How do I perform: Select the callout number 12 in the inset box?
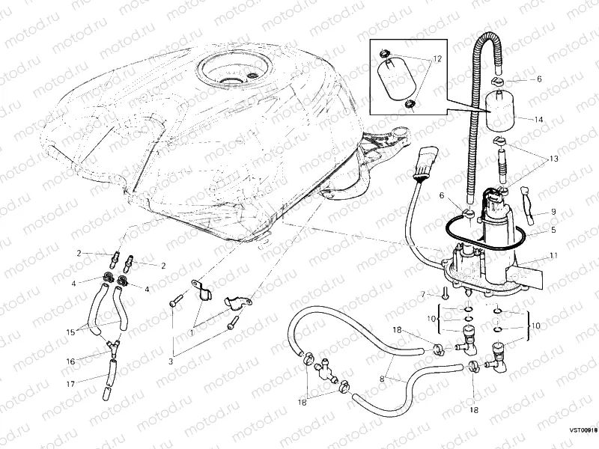click(x=437, y=58)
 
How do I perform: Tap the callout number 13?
click(x=553, y=159)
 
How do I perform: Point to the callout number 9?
click(x=553, y=211)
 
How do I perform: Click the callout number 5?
click(x=553, y=230)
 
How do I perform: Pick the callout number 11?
click(x=553, y=256)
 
